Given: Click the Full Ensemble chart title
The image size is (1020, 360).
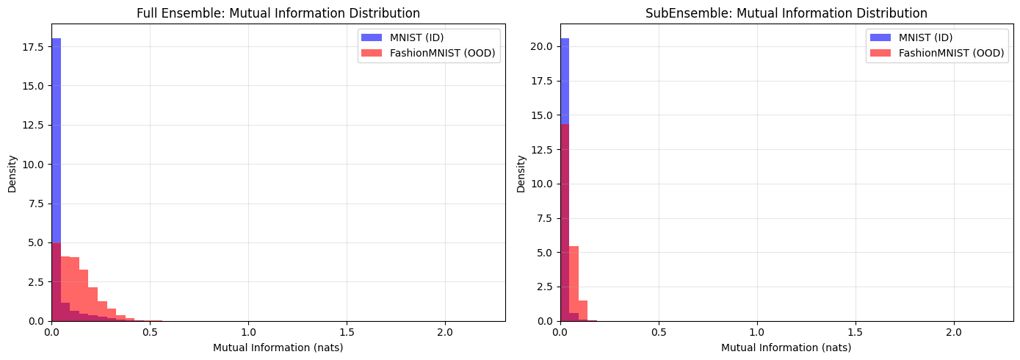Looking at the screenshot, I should coord(278,13).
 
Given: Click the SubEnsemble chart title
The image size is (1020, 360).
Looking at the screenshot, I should coord(786,13).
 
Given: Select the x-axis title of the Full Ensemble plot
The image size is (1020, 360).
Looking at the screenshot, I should coord(278,348).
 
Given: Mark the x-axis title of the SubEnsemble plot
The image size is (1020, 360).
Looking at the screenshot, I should coord(786,348).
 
